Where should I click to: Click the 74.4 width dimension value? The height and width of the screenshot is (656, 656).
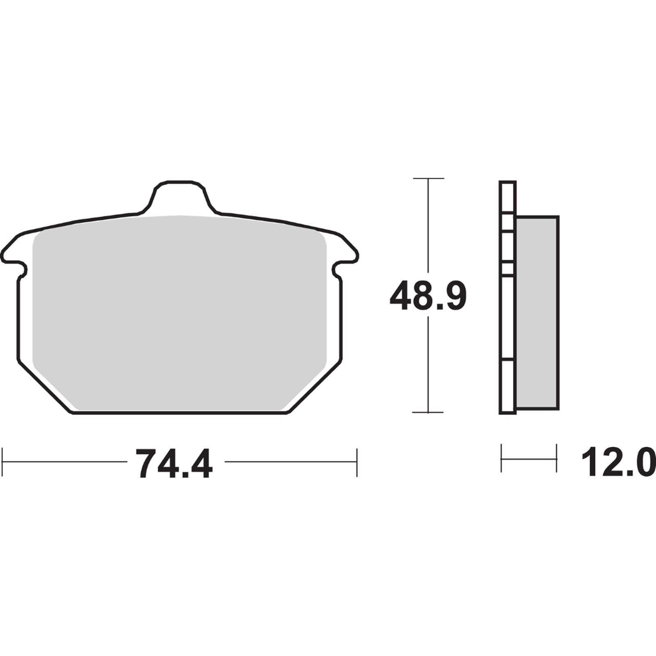coord(174,464)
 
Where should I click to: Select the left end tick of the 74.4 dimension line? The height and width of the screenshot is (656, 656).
coord(3,462)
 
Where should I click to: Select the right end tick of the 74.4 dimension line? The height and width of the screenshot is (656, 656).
coord(357,462)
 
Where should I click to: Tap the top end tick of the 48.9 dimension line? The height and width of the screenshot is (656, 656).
coord(428,179)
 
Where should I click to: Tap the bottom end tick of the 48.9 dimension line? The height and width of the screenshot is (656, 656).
coord(428,412)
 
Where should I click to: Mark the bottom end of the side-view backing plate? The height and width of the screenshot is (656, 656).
coord(508,412)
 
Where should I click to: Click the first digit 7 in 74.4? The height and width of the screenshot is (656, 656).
coord(148,464)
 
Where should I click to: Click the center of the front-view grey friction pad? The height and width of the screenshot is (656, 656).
coord(179,314)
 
